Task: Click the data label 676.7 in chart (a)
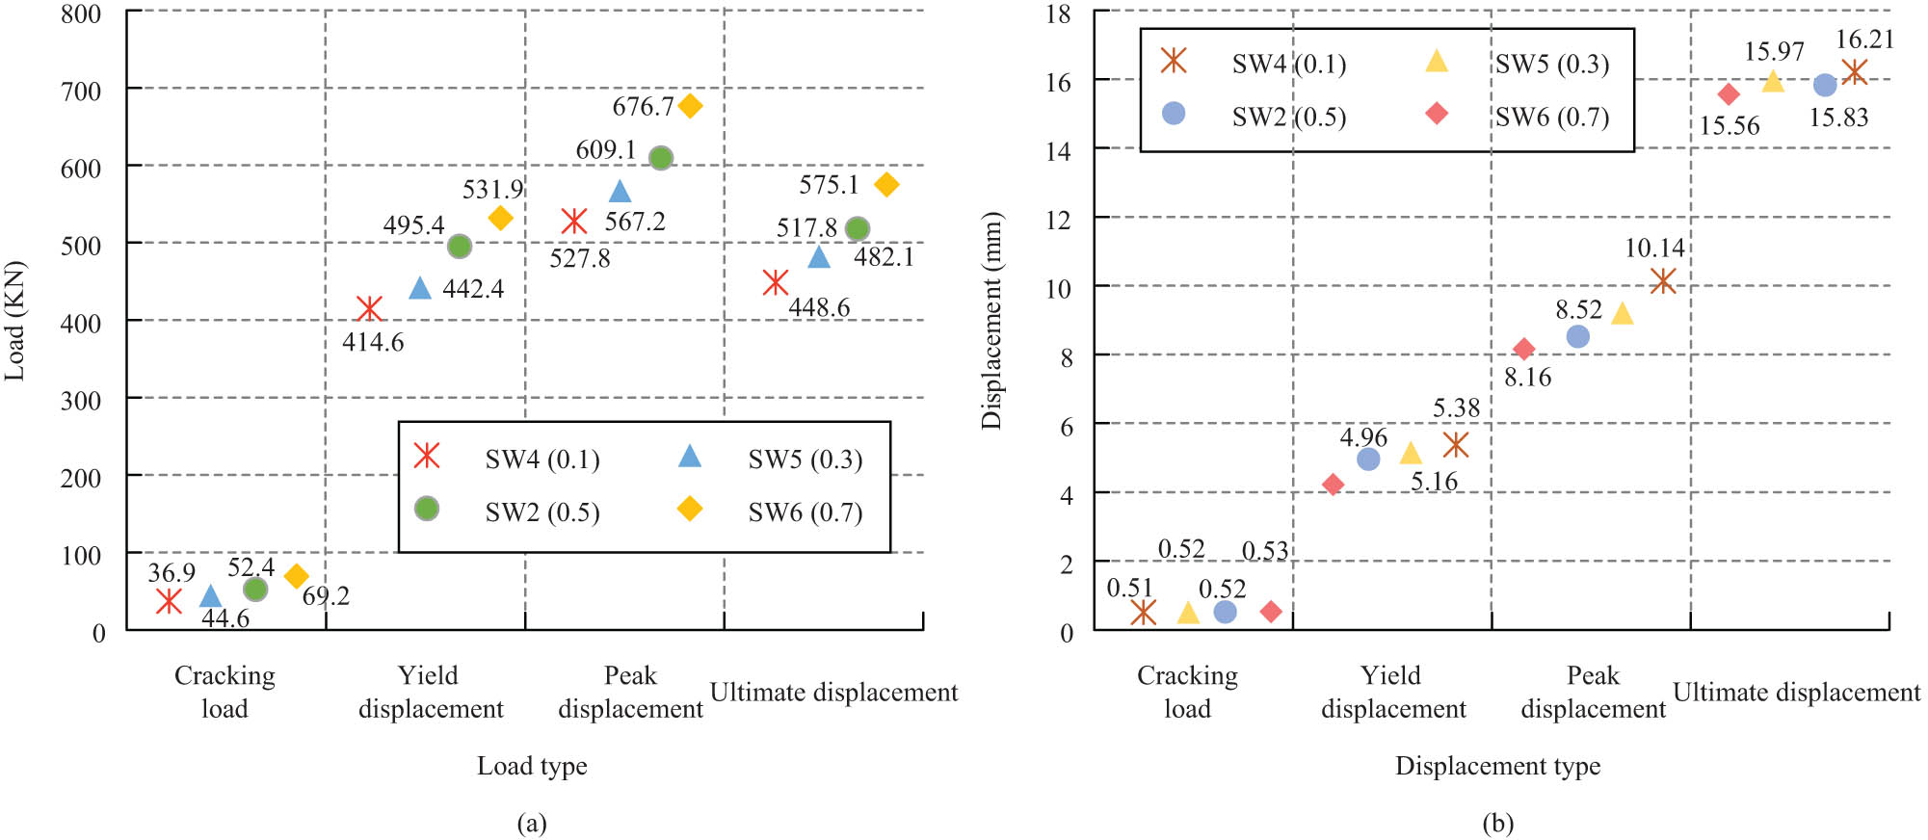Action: tap(643, 106)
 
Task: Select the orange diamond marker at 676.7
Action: tap(690, 106)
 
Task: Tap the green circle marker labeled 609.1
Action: tap(661, 158)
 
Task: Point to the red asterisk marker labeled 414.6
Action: tap(369, 308)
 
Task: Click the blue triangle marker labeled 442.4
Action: tap(420, 288)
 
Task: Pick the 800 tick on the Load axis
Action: tap(81, 14)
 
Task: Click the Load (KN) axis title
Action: tap(14, 321)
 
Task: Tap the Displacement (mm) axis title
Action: tap(991, 321)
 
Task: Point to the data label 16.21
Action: tap(1864, 39)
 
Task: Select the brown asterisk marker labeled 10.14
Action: tap(1663, 281)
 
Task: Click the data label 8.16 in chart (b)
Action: tap(1528, 377)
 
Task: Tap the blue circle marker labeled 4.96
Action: tap(1368, 459)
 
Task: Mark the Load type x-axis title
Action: tap(532, 766)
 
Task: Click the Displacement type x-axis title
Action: tap(1497, 766)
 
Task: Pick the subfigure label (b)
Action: tap(1498, 823)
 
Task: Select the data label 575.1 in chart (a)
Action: tap(829, 184)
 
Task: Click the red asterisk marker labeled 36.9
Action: tap(169, 601)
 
